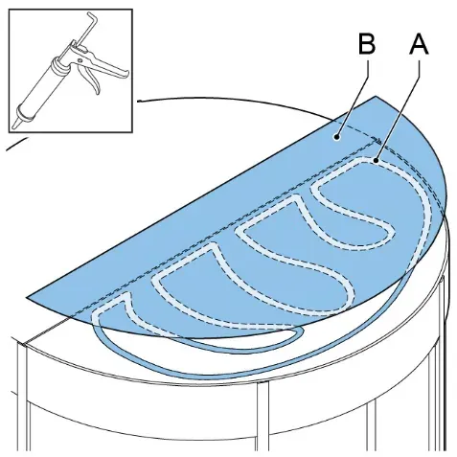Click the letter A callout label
click(x=419, y=44)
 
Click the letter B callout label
click(x=367, y=44)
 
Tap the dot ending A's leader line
click(x=377, y=161)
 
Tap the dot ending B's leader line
click(x=336, y=137)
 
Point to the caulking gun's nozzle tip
click(x=14, y=126)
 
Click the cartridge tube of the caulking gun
click(x=41, y=90)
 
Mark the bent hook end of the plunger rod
click(x=92, y=17)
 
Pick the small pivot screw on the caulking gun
click(x=80, y=59)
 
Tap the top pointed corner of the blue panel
click(x=376, y=96)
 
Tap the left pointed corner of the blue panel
click(x=27, y=298)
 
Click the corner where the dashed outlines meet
click(x=377, y=141)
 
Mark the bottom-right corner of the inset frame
click(x=131, y=131)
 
